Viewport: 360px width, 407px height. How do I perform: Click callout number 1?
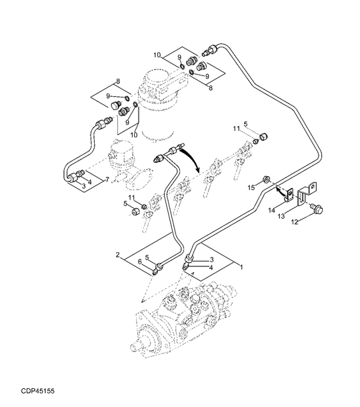[x=241, y=267]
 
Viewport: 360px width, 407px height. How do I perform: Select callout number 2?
[x=117, y=254]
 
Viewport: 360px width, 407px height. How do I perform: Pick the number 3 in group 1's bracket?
[x=212, y=260]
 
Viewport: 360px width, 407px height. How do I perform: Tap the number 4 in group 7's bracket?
[x=89, y=181]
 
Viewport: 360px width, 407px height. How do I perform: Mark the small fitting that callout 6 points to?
[x=158, y=268]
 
